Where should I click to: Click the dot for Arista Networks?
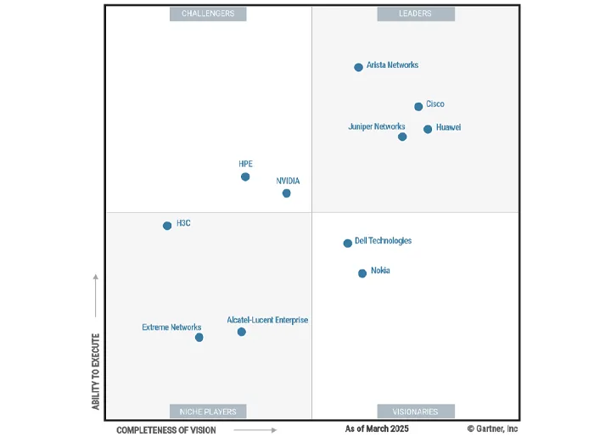point(358,67)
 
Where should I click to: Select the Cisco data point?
point(418,107)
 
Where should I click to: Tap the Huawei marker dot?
point(428,129)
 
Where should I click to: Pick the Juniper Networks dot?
point(402,137)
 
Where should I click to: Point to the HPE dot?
point(245,176)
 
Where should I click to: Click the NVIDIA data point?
point(286,193)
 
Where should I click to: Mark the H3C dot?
point(167,226)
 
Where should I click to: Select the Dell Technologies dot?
point(347,244)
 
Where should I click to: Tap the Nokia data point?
point(362,273)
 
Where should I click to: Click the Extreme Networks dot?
point(199,338)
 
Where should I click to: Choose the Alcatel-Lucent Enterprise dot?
point(242,332)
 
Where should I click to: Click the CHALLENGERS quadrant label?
point(208,14)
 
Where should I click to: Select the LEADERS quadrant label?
point(416,14)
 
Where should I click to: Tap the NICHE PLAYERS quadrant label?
point(208,412)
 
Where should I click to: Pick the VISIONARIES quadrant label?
point(416,412)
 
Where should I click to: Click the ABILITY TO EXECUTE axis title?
point(96,372)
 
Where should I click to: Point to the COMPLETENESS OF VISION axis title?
point(166,430)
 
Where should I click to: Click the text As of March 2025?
point(377,429)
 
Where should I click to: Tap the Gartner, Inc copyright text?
point(492,429)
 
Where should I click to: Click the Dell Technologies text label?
point(383,241)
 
